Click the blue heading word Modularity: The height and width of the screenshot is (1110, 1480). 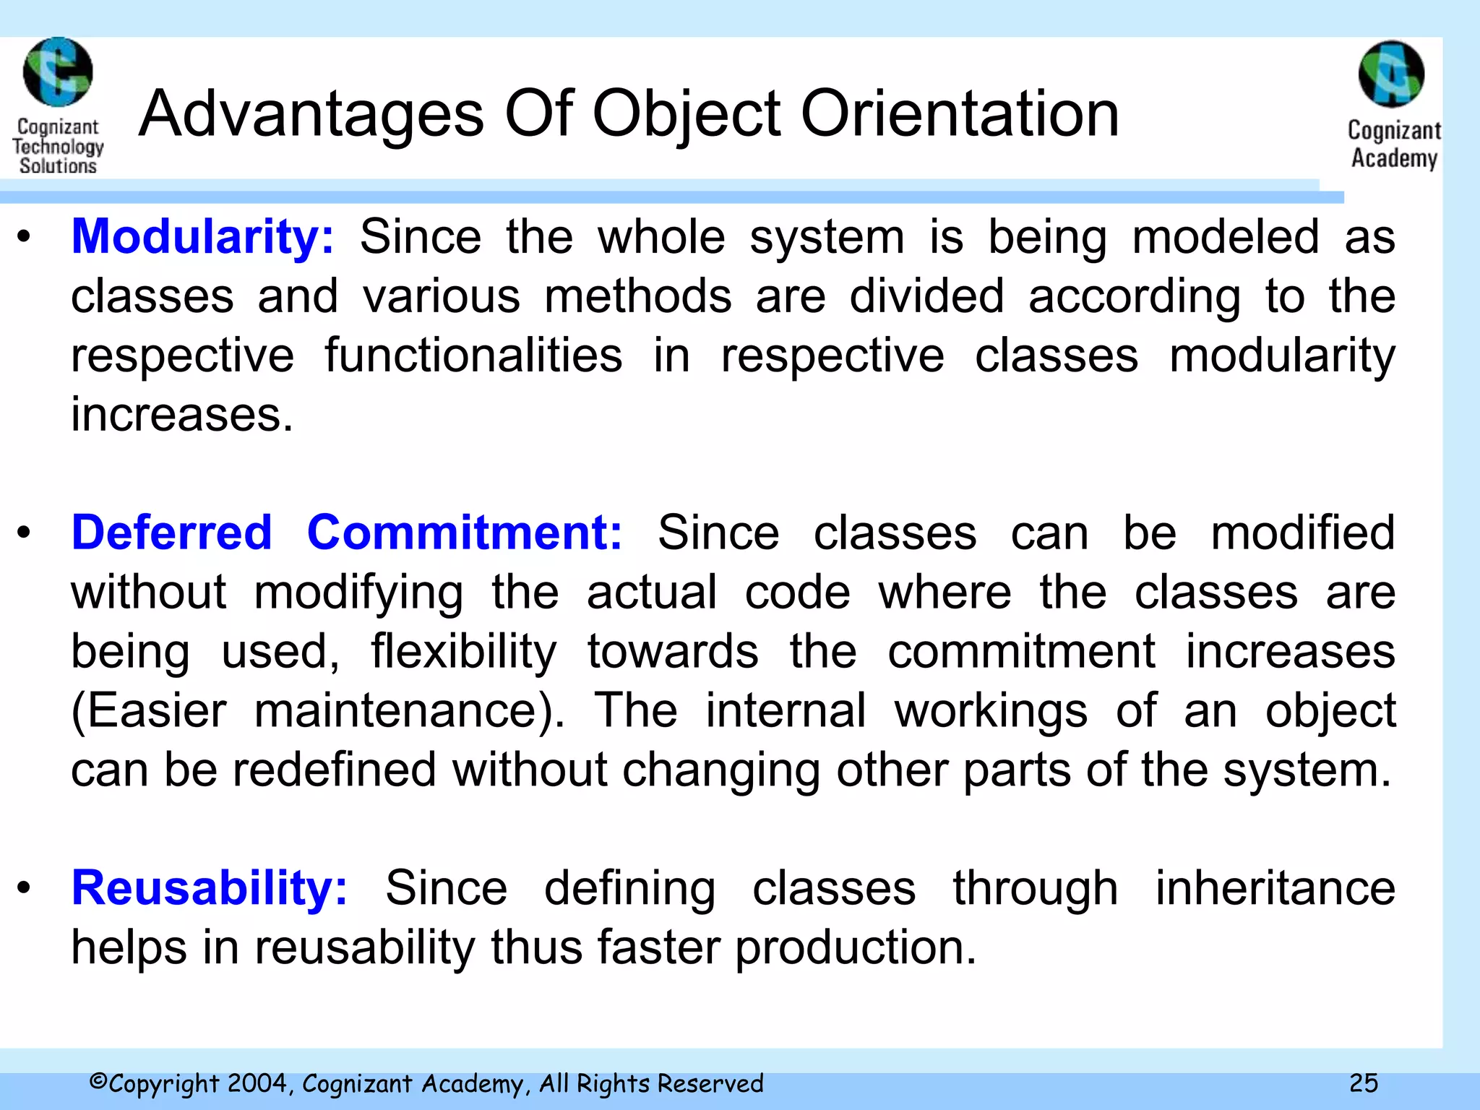[x=202, y=237]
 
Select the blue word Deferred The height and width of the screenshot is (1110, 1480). [x=171, y=533]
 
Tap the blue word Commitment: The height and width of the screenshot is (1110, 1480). [x=464, y=533]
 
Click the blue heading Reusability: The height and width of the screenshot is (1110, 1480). [x=210, y=887]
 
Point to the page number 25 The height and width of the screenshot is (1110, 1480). [x=1364, y=1083]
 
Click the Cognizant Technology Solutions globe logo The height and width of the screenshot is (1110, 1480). [x=58, y=72]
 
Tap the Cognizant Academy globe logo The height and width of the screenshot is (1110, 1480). [x=1391, y=74]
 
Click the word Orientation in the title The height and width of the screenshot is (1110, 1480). [x=960, y=114]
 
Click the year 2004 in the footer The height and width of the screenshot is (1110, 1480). [x=259, y=1083]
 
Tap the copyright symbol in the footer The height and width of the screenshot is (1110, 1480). [x=98, y=1082]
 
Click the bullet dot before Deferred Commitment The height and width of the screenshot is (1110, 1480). [x=25, y=533]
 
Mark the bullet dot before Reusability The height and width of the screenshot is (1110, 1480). [x=25, y=888]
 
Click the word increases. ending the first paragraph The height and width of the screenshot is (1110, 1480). [x=182, y=415]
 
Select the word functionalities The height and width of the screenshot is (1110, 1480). [x=473, y=356]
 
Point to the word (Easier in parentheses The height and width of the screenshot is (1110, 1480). [x=149, y=710]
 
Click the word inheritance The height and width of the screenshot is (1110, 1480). [x=1275, y=887]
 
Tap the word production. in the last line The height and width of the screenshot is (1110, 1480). [x=856, y=947]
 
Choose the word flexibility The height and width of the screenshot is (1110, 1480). [x=463, y=651]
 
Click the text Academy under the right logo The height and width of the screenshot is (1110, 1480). [x=1394, y=158]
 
